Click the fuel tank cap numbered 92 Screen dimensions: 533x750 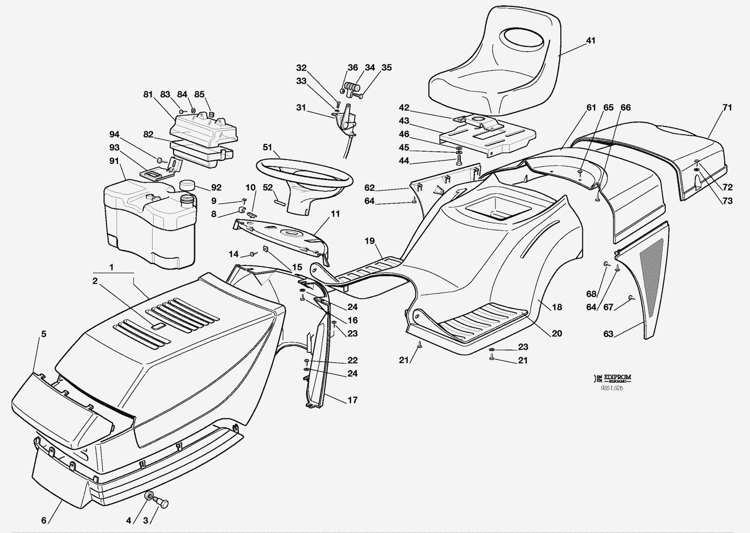click(187, 185)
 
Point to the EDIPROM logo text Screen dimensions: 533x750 click(617, 377)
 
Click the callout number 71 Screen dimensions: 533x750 click(727, 107)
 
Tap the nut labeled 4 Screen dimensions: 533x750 click(147, 497)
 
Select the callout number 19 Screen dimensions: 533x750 click(369, 240)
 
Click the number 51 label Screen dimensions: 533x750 click(267, 147)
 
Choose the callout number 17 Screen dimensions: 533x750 click(352, 400)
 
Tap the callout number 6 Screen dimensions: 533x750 click(43, 520)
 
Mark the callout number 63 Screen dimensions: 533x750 click(608, 334)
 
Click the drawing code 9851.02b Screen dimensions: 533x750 click(612, 388)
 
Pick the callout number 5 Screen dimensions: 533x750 click(43, 334)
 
